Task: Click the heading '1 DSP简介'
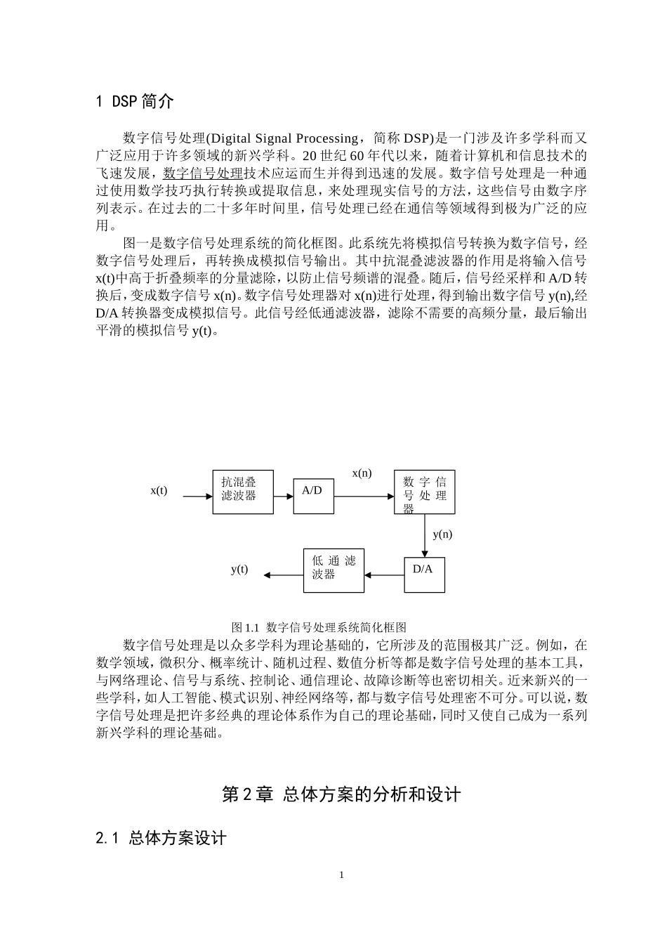(x=134, y=101)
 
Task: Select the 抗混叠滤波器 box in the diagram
(x=243, y=492)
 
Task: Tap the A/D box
(x=313, y=496)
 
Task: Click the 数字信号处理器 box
(x=424, y=492)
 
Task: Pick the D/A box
(x=424, y=574)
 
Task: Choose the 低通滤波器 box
(x=333, y=570)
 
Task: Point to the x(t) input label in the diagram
(x=159, y=490)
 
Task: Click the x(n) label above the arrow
(x=362, y=473)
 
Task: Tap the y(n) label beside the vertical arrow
(x=442, y=534)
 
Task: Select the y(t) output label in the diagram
(x=239, y=569)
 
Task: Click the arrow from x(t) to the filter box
(x=197, y=497)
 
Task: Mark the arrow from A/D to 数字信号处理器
(x=364, y=497)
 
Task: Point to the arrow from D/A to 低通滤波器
(x=384, y=575)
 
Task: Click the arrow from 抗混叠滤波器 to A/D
(x=283, y=497)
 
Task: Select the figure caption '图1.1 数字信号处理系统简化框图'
(x=319, y=627)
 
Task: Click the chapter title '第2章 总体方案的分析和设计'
(x=341, y=794)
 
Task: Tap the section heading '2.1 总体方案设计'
(x=161, y=838)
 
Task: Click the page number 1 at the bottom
(x=342, y=874)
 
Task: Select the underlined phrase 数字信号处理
(x=203, y=173)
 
